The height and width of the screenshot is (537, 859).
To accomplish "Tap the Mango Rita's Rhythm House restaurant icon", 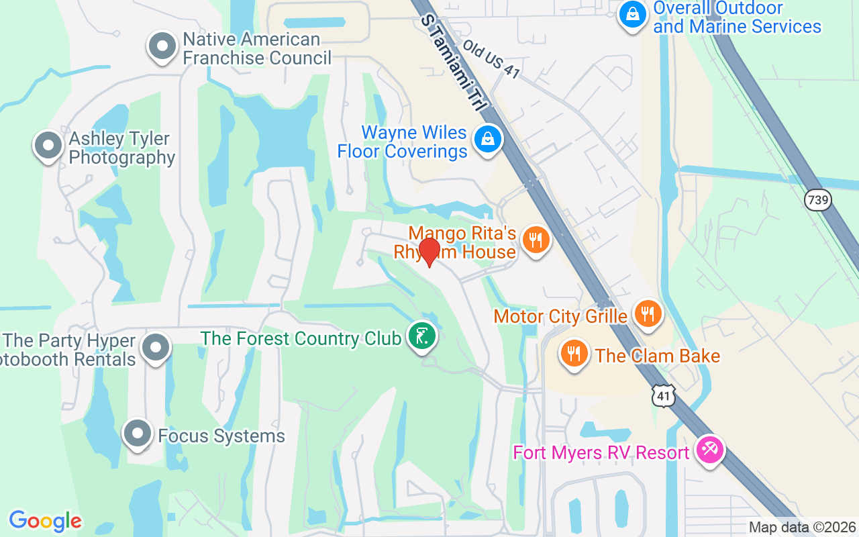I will pyautogui.click(x=535, y=239).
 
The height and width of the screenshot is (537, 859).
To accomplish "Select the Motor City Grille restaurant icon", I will pyautogui.click(x=647, y=313).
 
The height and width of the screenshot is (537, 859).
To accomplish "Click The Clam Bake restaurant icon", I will pyautogui.click(x=573, y=353).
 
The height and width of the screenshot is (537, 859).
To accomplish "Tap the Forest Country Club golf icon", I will pyautogui.click(x=422, y=336).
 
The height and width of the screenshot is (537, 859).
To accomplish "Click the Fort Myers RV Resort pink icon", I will pyautogui.click(x=709, y=448).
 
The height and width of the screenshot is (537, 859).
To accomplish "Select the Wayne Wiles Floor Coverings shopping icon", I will pyautogui.click(x=487, y=140).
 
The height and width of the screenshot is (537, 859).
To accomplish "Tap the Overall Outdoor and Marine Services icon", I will pyautogui.click(x=631, y=13).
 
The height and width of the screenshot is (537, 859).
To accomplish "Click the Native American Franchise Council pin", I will pyautogui.click(x=162, y=47).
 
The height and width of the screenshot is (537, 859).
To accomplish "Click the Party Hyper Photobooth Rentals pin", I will pyautogui.click(x=156, y=347).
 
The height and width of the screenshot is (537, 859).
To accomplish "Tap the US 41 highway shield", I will pyautogui.click(x=663, y=396).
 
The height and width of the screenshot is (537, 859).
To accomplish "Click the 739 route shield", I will pyautogui.click(x=819, y=199).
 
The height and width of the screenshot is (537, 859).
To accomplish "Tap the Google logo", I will pyautogui.click(x=45, y=520).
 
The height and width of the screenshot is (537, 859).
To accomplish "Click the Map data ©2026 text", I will pyautogui.click(x=802, y=527).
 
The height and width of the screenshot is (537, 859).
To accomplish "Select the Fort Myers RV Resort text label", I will pyautogui.click(x=601, y=452).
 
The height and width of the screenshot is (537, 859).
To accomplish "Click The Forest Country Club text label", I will pyautogui.click(x=301, y=338).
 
